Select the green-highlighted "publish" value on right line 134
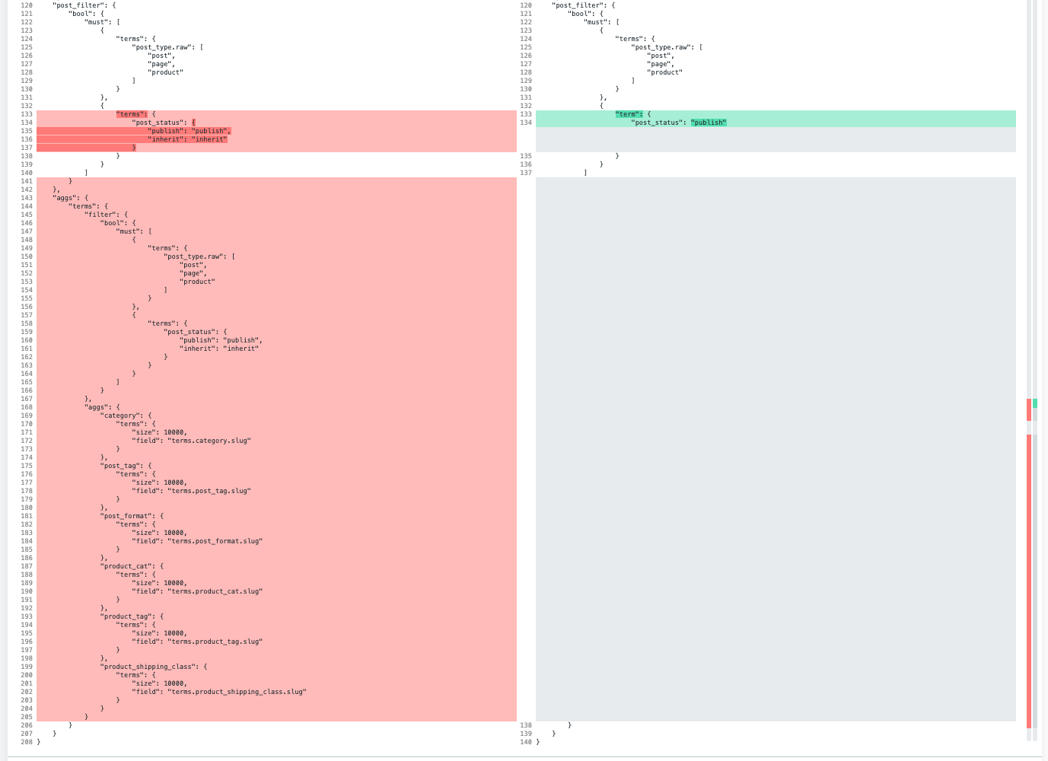(709, 123)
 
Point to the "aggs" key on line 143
(64, 198)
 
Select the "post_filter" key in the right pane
(578, 5)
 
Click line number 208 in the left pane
(27, 742)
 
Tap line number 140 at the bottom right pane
(526, 742)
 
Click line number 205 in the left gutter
(27, 717)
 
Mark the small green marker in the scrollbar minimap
(1035, 403)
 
